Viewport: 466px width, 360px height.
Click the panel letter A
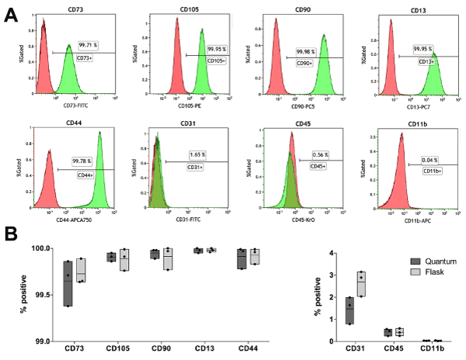10,14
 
